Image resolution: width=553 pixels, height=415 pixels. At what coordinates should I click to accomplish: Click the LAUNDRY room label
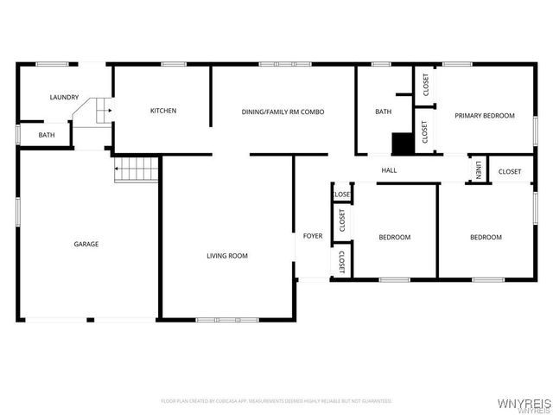(x=64, y=98)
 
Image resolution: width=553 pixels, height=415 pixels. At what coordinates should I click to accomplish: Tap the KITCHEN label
(x=163, y=111)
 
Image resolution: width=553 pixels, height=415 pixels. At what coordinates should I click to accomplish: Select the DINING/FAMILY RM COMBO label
(x=283, y=112)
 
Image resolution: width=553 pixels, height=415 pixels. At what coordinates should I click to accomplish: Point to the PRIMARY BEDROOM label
(x=485, y=116)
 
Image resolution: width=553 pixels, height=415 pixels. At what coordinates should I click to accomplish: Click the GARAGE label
(x=86, y=244)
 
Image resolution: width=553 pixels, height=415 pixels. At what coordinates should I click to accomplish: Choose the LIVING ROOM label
(x=226, y=256)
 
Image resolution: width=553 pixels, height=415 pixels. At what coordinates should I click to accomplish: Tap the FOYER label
(x=312, y=236)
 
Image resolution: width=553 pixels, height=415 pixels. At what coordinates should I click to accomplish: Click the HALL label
(x=389, y=170)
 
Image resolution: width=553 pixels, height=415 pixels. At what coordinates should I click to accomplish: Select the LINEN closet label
(x=478, y=169)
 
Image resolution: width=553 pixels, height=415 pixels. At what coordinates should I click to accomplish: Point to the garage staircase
(x=137, y=169)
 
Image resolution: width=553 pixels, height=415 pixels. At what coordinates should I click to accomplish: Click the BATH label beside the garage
(x=47, y=135)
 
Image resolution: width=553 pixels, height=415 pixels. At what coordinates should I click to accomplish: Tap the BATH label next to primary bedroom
(x=383, y=112)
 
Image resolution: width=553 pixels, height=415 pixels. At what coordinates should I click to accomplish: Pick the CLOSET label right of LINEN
(x=510, y=171)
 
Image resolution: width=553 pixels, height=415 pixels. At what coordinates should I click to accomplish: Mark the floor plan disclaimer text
(x=276, y=401)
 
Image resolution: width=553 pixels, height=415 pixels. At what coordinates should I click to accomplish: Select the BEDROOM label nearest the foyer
(x=395, y=237)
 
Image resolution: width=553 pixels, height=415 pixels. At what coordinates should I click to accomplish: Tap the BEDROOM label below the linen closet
(x=486, y=237)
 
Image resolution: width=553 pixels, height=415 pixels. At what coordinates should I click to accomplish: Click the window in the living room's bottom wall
(x=226, y=320)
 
